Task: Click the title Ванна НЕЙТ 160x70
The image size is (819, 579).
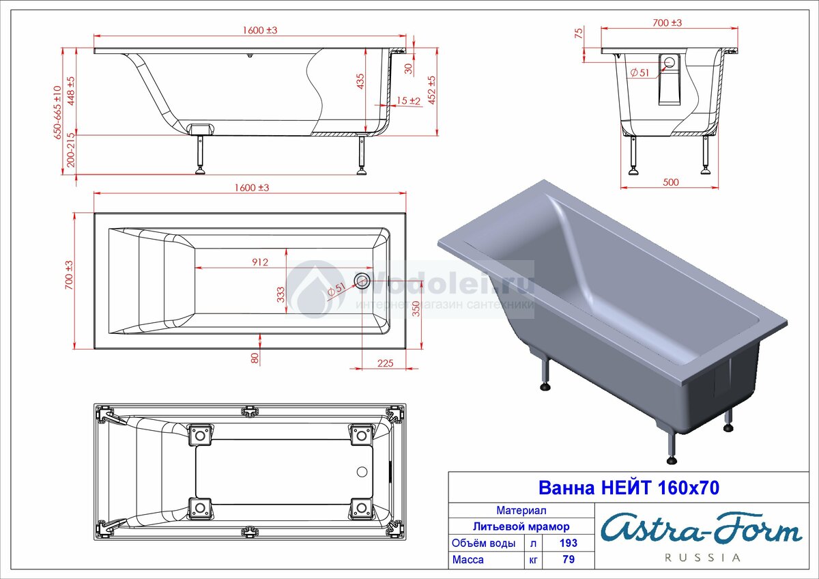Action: (x=629, y=488)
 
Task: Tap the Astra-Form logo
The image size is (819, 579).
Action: (x=702, y=528)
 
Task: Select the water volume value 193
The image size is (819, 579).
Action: (x=568, y=543)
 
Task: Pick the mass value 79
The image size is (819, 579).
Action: (x=569, y=560)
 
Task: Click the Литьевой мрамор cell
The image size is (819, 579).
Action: (x=521, y=526)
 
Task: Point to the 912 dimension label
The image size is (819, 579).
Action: (x=260, y=262)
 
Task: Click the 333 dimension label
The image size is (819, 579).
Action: (x=280, y=294)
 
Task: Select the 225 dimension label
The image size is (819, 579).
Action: (x=386, y=363)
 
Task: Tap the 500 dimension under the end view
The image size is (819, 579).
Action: (x=670, y=182)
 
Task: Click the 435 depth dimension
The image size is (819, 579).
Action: (x=360, y=81)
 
